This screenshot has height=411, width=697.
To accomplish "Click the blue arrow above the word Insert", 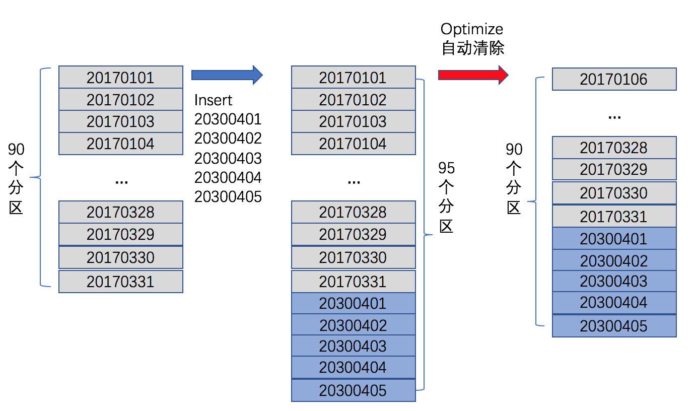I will tap(227, 75).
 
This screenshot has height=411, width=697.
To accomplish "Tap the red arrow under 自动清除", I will tap(472, 75).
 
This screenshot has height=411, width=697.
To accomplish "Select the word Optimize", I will tap(472, 29).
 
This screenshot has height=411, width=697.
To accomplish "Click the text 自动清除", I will tap(473, 48).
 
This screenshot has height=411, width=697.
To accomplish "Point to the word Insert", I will tap(213, 100).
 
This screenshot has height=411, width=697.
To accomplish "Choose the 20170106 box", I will tap(614, 80).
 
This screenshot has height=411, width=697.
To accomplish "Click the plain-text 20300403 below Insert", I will tap(228, 158).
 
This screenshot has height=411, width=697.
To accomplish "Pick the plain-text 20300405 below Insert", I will tap(228, 196).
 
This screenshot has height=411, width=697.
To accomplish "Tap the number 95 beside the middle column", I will tap(446, 168).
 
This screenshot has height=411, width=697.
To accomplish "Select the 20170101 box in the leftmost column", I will tap(120, 78).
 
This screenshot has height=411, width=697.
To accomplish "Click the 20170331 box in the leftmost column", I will tap(120, 282).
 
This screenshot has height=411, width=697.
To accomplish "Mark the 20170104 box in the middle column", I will tap(353, 144).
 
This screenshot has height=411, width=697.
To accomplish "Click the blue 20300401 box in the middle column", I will tap(353, 303).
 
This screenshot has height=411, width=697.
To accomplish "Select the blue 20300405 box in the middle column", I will tap(353, 390).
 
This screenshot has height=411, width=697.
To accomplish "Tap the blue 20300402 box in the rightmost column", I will tap(614, 260).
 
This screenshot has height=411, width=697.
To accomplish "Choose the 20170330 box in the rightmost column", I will tap(614, 193).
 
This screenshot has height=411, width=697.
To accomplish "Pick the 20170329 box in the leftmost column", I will tap(120, 235).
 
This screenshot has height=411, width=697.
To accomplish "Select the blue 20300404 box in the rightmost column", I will tap(614, 303).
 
